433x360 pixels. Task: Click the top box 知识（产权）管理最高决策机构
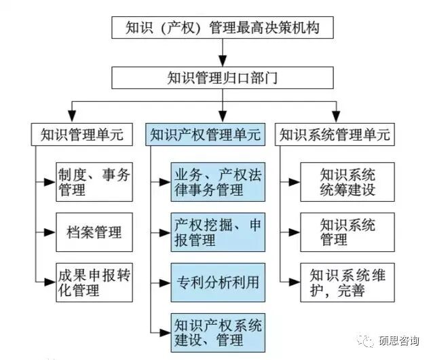[x=221, y=29]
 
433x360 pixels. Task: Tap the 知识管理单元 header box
[x=77, y=134]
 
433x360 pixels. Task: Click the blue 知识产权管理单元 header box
[x=204, y=134]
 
